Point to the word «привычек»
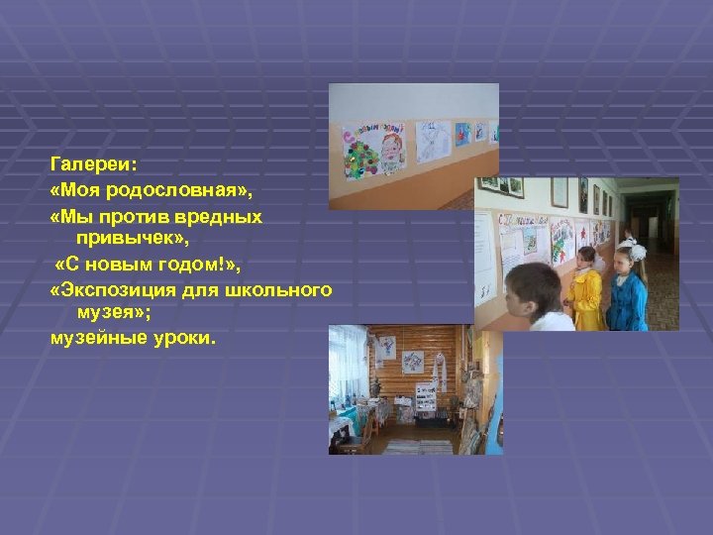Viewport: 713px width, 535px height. tap(127, 239)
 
